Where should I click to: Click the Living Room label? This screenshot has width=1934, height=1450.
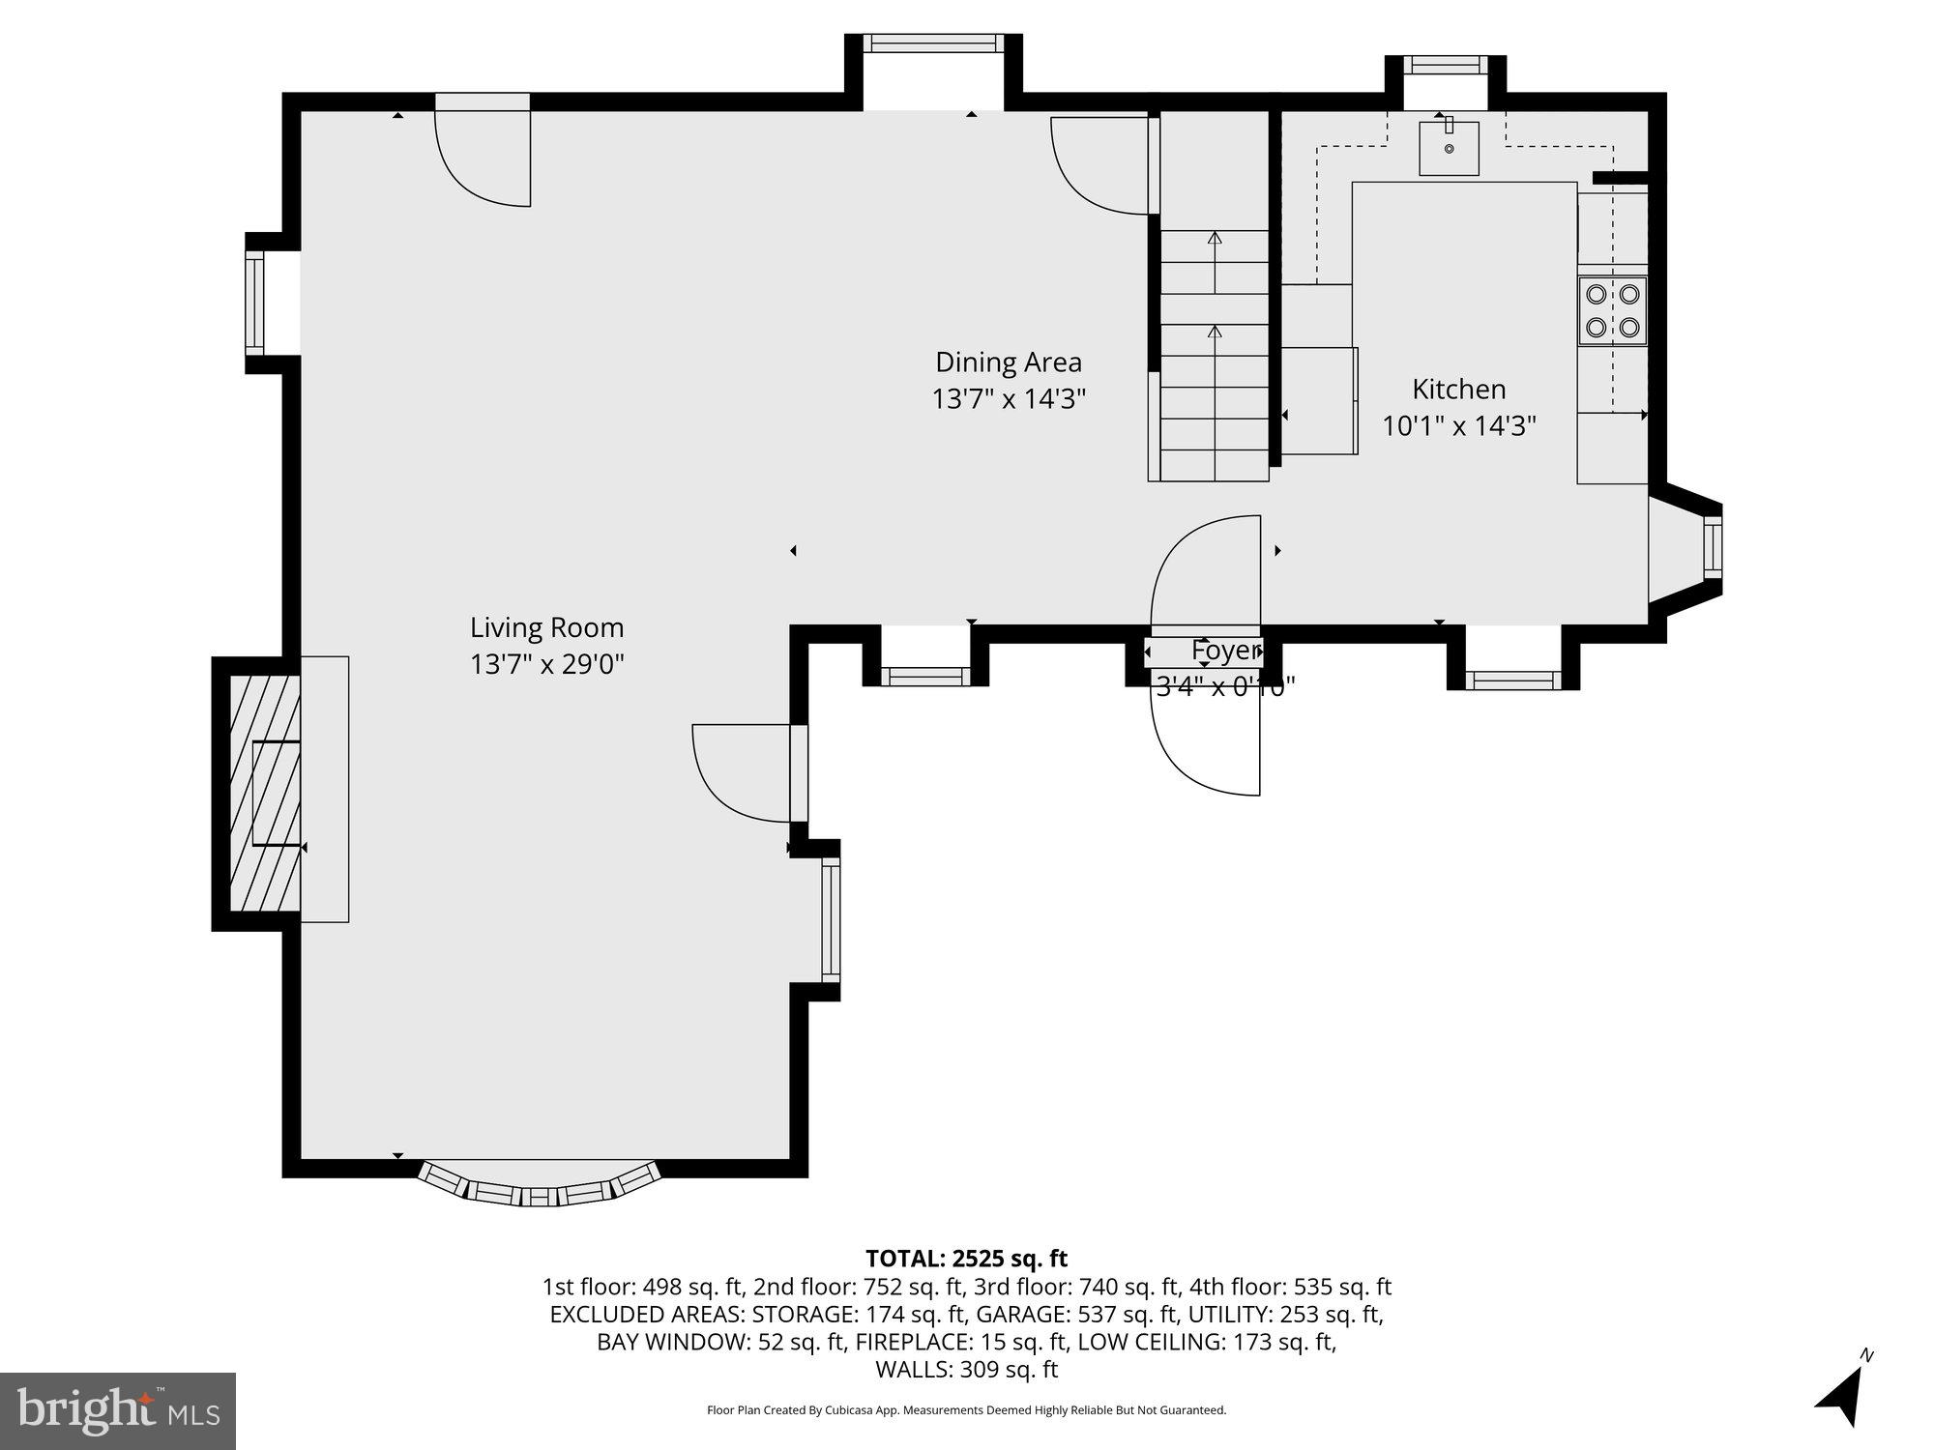click(x=546, y=627)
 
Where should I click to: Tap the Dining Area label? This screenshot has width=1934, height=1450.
click(x=1008, y=362)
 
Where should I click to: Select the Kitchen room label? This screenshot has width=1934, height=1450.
click(x=1458, y=389)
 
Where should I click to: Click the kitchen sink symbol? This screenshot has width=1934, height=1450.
click(x=1449, y=148)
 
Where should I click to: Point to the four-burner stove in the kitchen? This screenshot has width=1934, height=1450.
click(x=1612, y=310)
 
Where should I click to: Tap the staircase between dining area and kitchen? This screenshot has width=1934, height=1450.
click(x=1214, y=358)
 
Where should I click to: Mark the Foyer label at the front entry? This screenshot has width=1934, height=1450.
click(x=1225, y=651)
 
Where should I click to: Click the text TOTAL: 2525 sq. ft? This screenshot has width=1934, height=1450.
click(x=966, y=1259)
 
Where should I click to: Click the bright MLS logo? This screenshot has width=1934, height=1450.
click(x=118, y=1411)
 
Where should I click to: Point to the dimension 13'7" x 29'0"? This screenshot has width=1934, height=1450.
click(x=546, y=665)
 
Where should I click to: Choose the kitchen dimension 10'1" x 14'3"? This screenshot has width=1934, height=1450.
click(x=1458, y=426)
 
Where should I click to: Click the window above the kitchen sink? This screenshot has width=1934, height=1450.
click(x=1446, y=66)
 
